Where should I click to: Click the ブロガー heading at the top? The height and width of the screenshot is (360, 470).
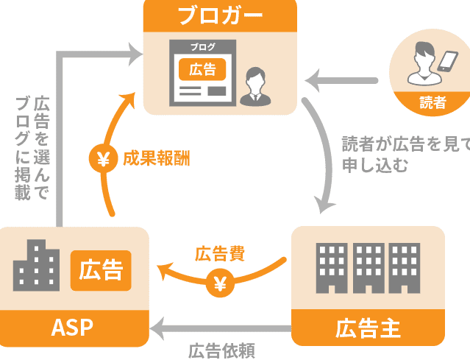[x=220, y=14]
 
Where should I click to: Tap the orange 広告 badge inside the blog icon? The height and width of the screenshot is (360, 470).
[x=202, y=69]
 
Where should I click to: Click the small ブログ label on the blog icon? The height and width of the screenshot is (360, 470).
[x=202, y=47]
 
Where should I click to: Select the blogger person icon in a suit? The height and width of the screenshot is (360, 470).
[x=254, y=85]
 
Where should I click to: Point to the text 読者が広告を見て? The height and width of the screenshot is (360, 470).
[x=405, y=144]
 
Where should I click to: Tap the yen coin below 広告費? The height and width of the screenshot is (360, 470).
[x=220, y=283]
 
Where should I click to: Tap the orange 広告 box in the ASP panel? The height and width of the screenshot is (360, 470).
[x=101, y=270]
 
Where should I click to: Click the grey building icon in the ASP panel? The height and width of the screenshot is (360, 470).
[x=38, y=265]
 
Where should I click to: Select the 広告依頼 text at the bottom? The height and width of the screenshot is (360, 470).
[x=221, y=350]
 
